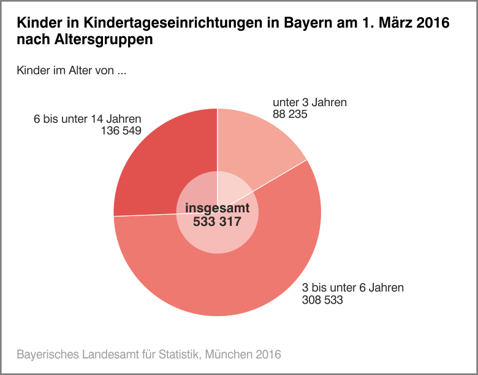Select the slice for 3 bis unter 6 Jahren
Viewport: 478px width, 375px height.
pyautogui.click(x=245, y=276)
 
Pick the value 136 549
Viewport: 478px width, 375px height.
pyautogui.click(x=121, y=130)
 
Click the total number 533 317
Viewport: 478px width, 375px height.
pyautogui.click(x=217, y=222)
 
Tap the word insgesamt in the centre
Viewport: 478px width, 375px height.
pyautogui.click(x=217, y=208)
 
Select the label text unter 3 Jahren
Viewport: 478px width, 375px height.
pyautogui.click(x=309, y=102)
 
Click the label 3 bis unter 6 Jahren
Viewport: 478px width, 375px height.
pyautogui.click(x=353, y=288)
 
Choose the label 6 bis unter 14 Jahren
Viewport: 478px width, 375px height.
pyautogui.click(x=88, y=118)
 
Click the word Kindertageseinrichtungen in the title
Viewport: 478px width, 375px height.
pyautogui.click(x=172, y=24)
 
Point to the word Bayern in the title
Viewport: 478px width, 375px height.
pyautogui.click(x=305, y=24)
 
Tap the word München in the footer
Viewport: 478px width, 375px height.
pyautogui.click(x=228, y=354)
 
